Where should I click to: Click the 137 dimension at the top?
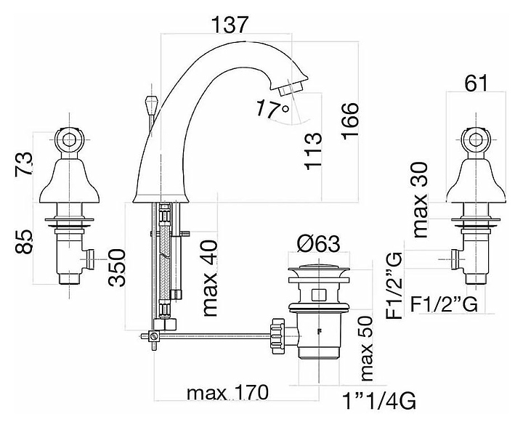230,25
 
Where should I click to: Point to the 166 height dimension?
349,120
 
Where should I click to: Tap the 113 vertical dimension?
313,151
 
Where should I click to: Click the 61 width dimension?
476,83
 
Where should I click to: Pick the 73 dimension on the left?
24,163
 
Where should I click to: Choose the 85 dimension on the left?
24,242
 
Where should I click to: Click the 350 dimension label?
117,268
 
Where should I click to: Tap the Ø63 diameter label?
318,244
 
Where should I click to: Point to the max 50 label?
366,349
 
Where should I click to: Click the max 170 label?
228,393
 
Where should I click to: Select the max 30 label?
420,200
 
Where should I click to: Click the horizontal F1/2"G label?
444,304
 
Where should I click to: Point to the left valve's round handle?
69,139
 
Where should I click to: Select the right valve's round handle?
476,140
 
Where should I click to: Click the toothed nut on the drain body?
277,335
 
